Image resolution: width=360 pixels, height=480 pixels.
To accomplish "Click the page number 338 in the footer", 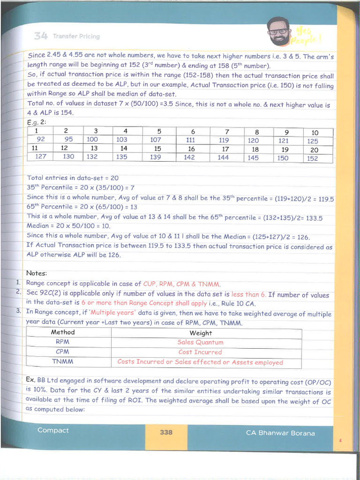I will tap(166, 432).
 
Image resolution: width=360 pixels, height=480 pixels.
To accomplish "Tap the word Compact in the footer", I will tap(53, 430).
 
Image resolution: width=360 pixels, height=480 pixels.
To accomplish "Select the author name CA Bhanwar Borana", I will tap(280, 433).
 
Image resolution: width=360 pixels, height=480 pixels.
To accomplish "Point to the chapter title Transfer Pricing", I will tap(76, 36).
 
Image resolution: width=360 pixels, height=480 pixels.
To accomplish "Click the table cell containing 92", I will tap(41, 139).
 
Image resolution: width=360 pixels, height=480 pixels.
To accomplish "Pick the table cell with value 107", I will tap(156, 140).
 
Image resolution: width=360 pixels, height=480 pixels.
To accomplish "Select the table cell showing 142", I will tap(189, 157).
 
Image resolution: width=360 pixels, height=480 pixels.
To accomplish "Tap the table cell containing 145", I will tap(253, 158).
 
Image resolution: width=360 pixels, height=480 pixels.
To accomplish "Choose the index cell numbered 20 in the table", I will tap(314, 150).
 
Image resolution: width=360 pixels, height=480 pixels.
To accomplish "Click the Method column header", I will tap(63, 332).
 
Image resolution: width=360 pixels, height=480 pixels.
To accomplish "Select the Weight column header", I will tap(201, 333).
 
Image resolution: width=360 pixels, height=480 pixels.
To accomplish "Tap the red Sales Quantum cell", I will tap(201, 342).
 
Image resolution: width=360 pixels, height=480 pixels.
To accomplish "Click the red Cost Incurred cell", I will tap(200, 352).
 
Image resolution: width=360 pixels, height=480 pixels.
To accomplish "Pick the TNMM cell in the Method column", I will tap(63, 361).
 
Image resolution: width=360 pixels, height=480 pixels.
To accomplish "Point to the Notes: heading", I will tap(37, 273).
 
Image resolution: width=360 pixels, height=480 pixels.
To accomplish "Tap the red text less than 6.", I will tap(248, 294).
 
